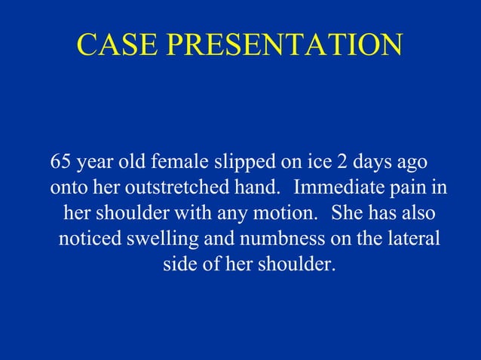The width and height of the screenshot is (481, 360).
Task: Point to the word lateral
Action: pos(412,239)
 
